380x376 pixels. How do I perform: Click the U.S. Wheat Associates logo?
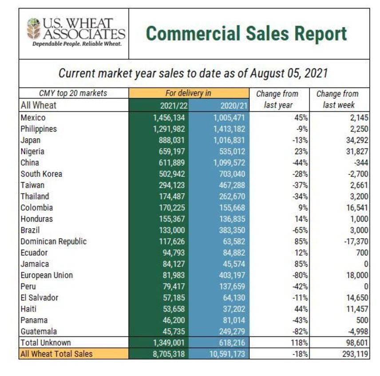[74, 33]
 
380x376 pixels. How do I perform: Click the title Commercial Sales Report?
[246, 34]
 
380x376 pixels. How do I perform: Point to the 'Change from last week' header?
[337, 100]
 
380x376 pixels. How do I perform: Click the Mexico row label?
[33, 118]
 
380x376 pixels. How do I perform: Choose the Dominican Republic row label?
[53, 241]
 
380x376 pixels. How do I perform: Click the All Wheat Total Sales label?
[55, 354]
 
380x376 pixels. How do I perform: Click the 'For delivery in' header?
[189, 93]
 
